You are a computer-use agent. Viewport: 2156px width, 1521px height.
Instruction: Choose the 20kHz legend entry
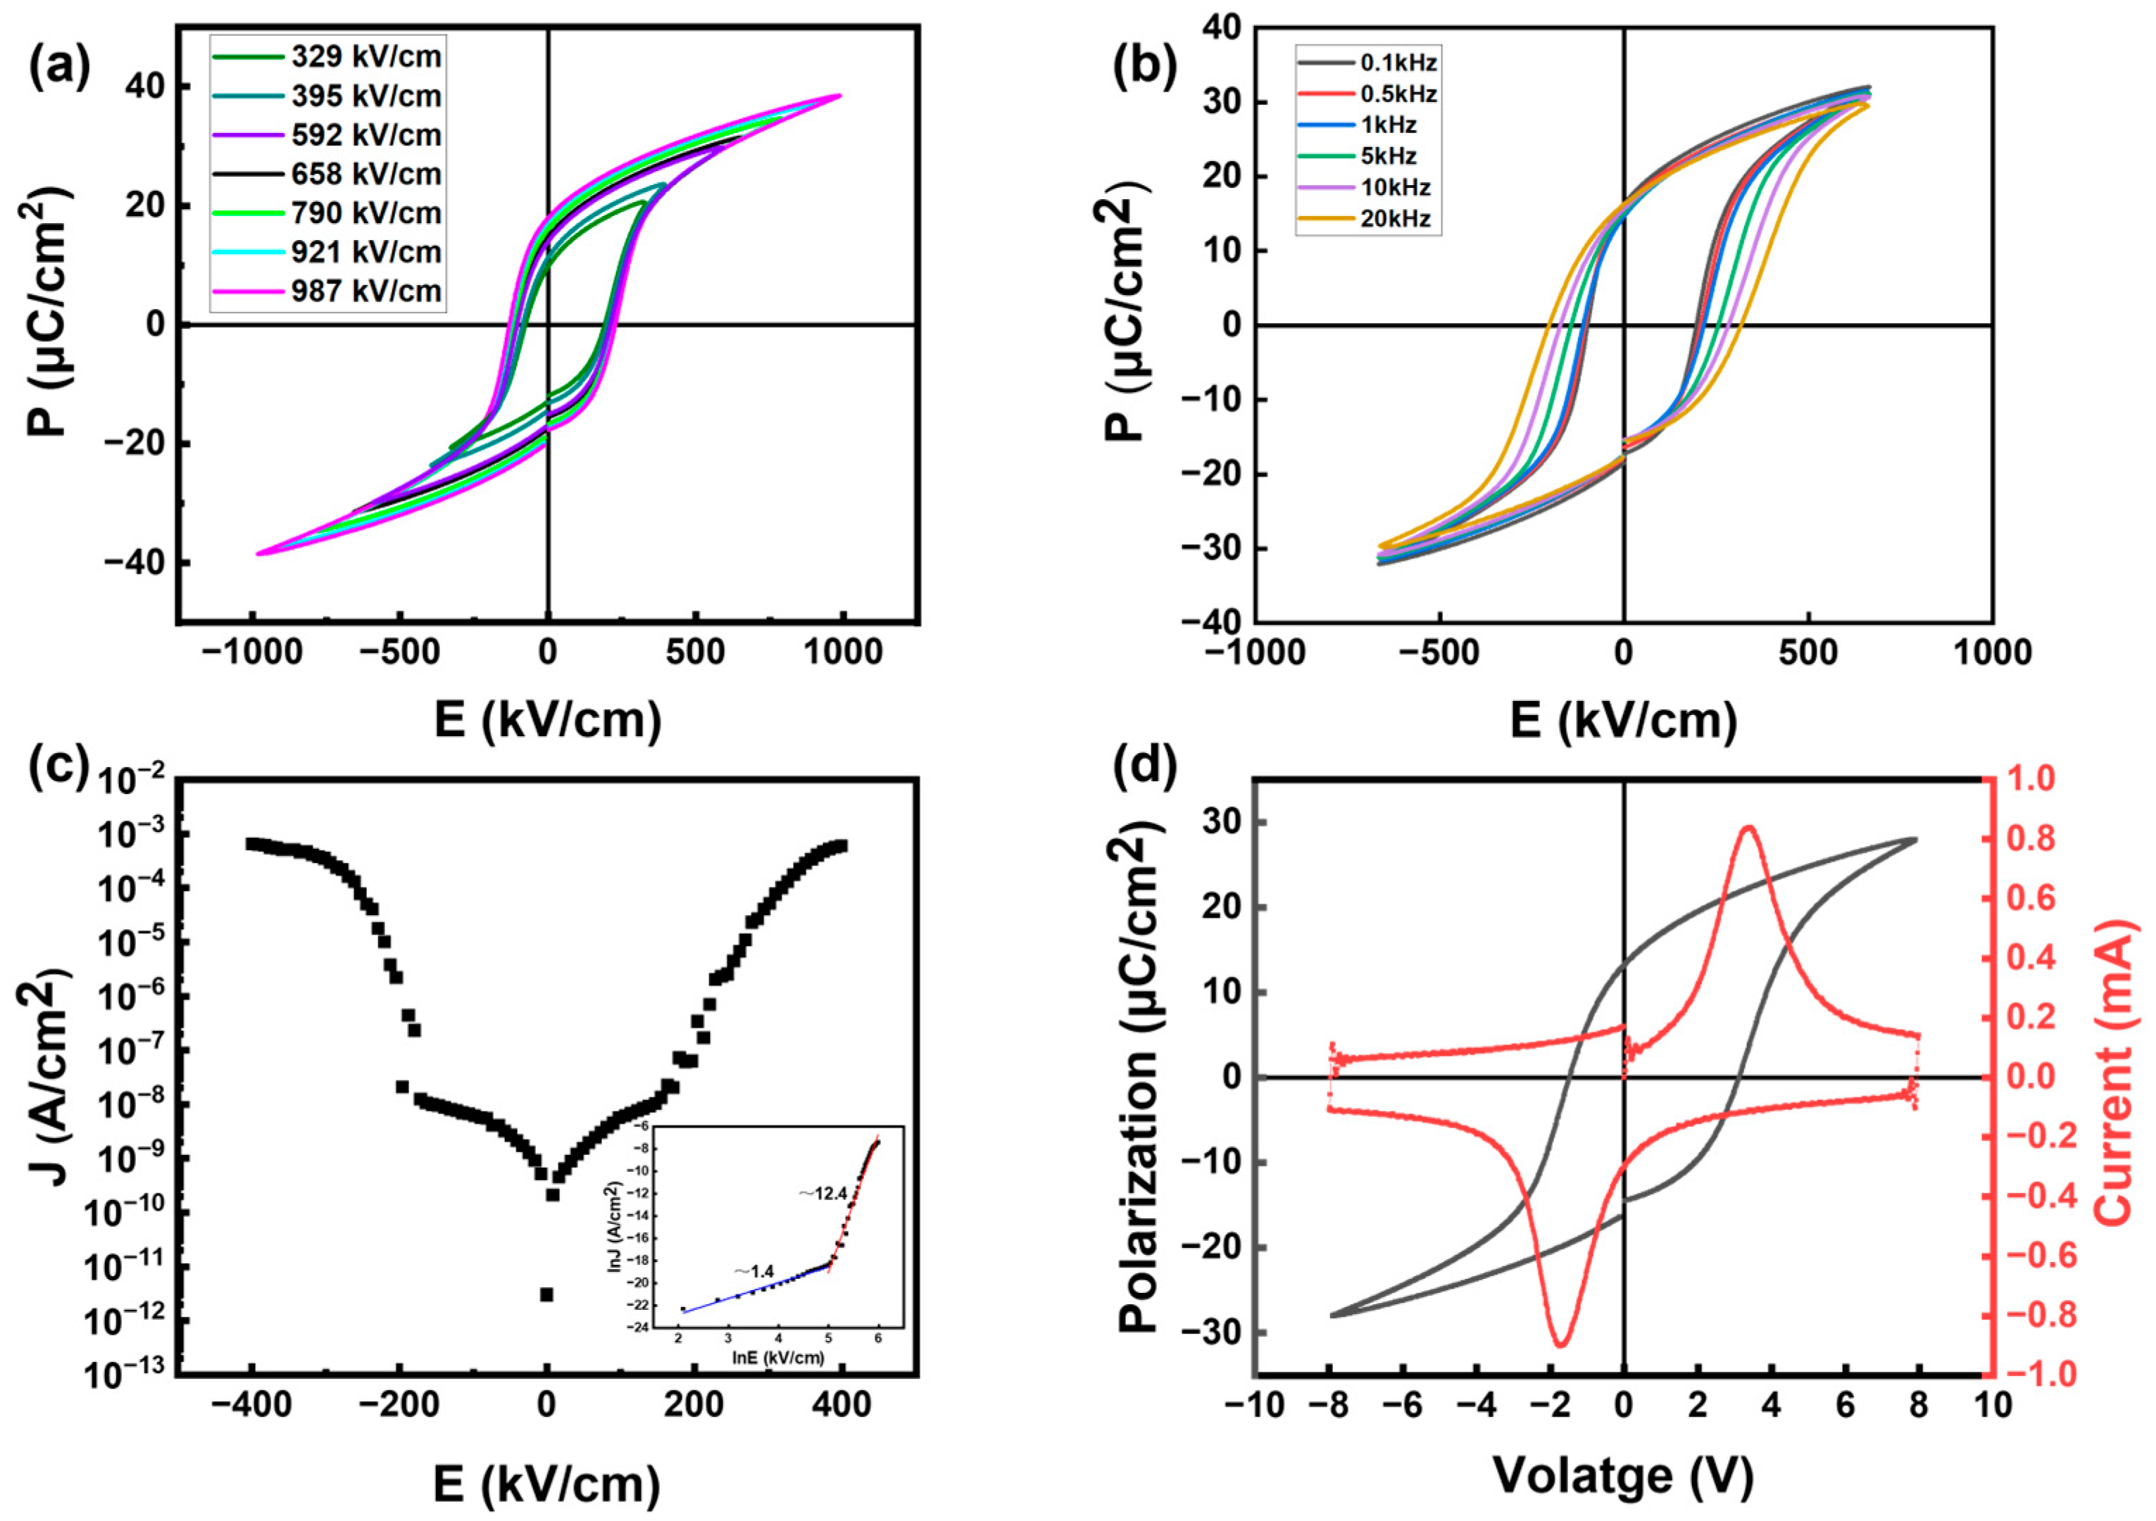tap(1366, 219)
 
